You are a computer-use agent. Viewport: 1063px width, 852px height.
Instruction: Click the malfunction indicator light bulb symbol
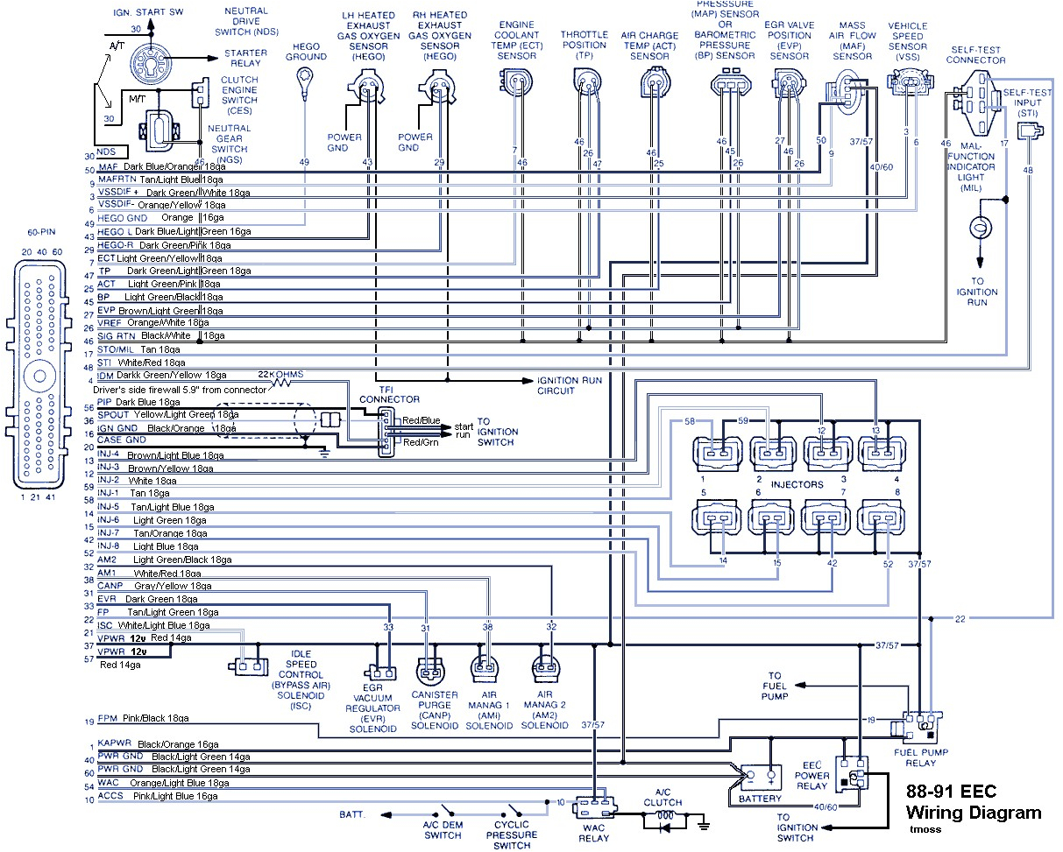[978, 226]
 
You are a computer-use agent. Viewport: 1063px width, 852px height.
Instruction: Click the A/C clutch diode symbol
[663, 822]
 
